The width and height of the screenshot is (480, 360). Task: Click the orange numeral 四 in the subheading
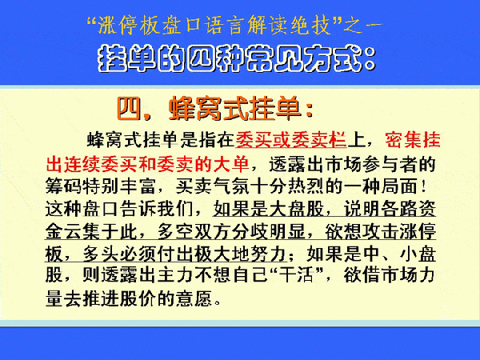pos(130,109)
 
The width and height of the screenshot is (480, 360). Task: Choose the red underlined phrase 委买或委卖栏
pos(291,140)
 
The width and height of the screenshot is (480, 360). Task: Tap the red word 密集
pos(403,140)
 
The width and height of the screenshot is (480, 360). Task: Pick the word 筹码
pos(63,186)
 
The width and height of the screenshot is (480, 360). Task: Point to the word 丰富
pos(138,186)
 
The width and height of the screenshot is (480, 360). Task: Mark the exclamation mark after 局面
pos(423,186)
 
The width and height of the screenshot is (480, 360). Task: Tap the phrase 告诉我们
pos(156,209)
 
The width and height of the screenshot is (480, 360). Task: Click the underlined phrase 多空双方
pos(194,231)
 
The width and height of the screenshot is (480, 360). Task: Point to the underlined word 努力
pos(268,254)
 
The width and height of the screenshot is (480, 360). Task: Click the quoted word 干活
pos(296,274)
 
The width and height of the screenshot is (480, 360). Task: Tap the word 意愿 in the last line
pos(194,298)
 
